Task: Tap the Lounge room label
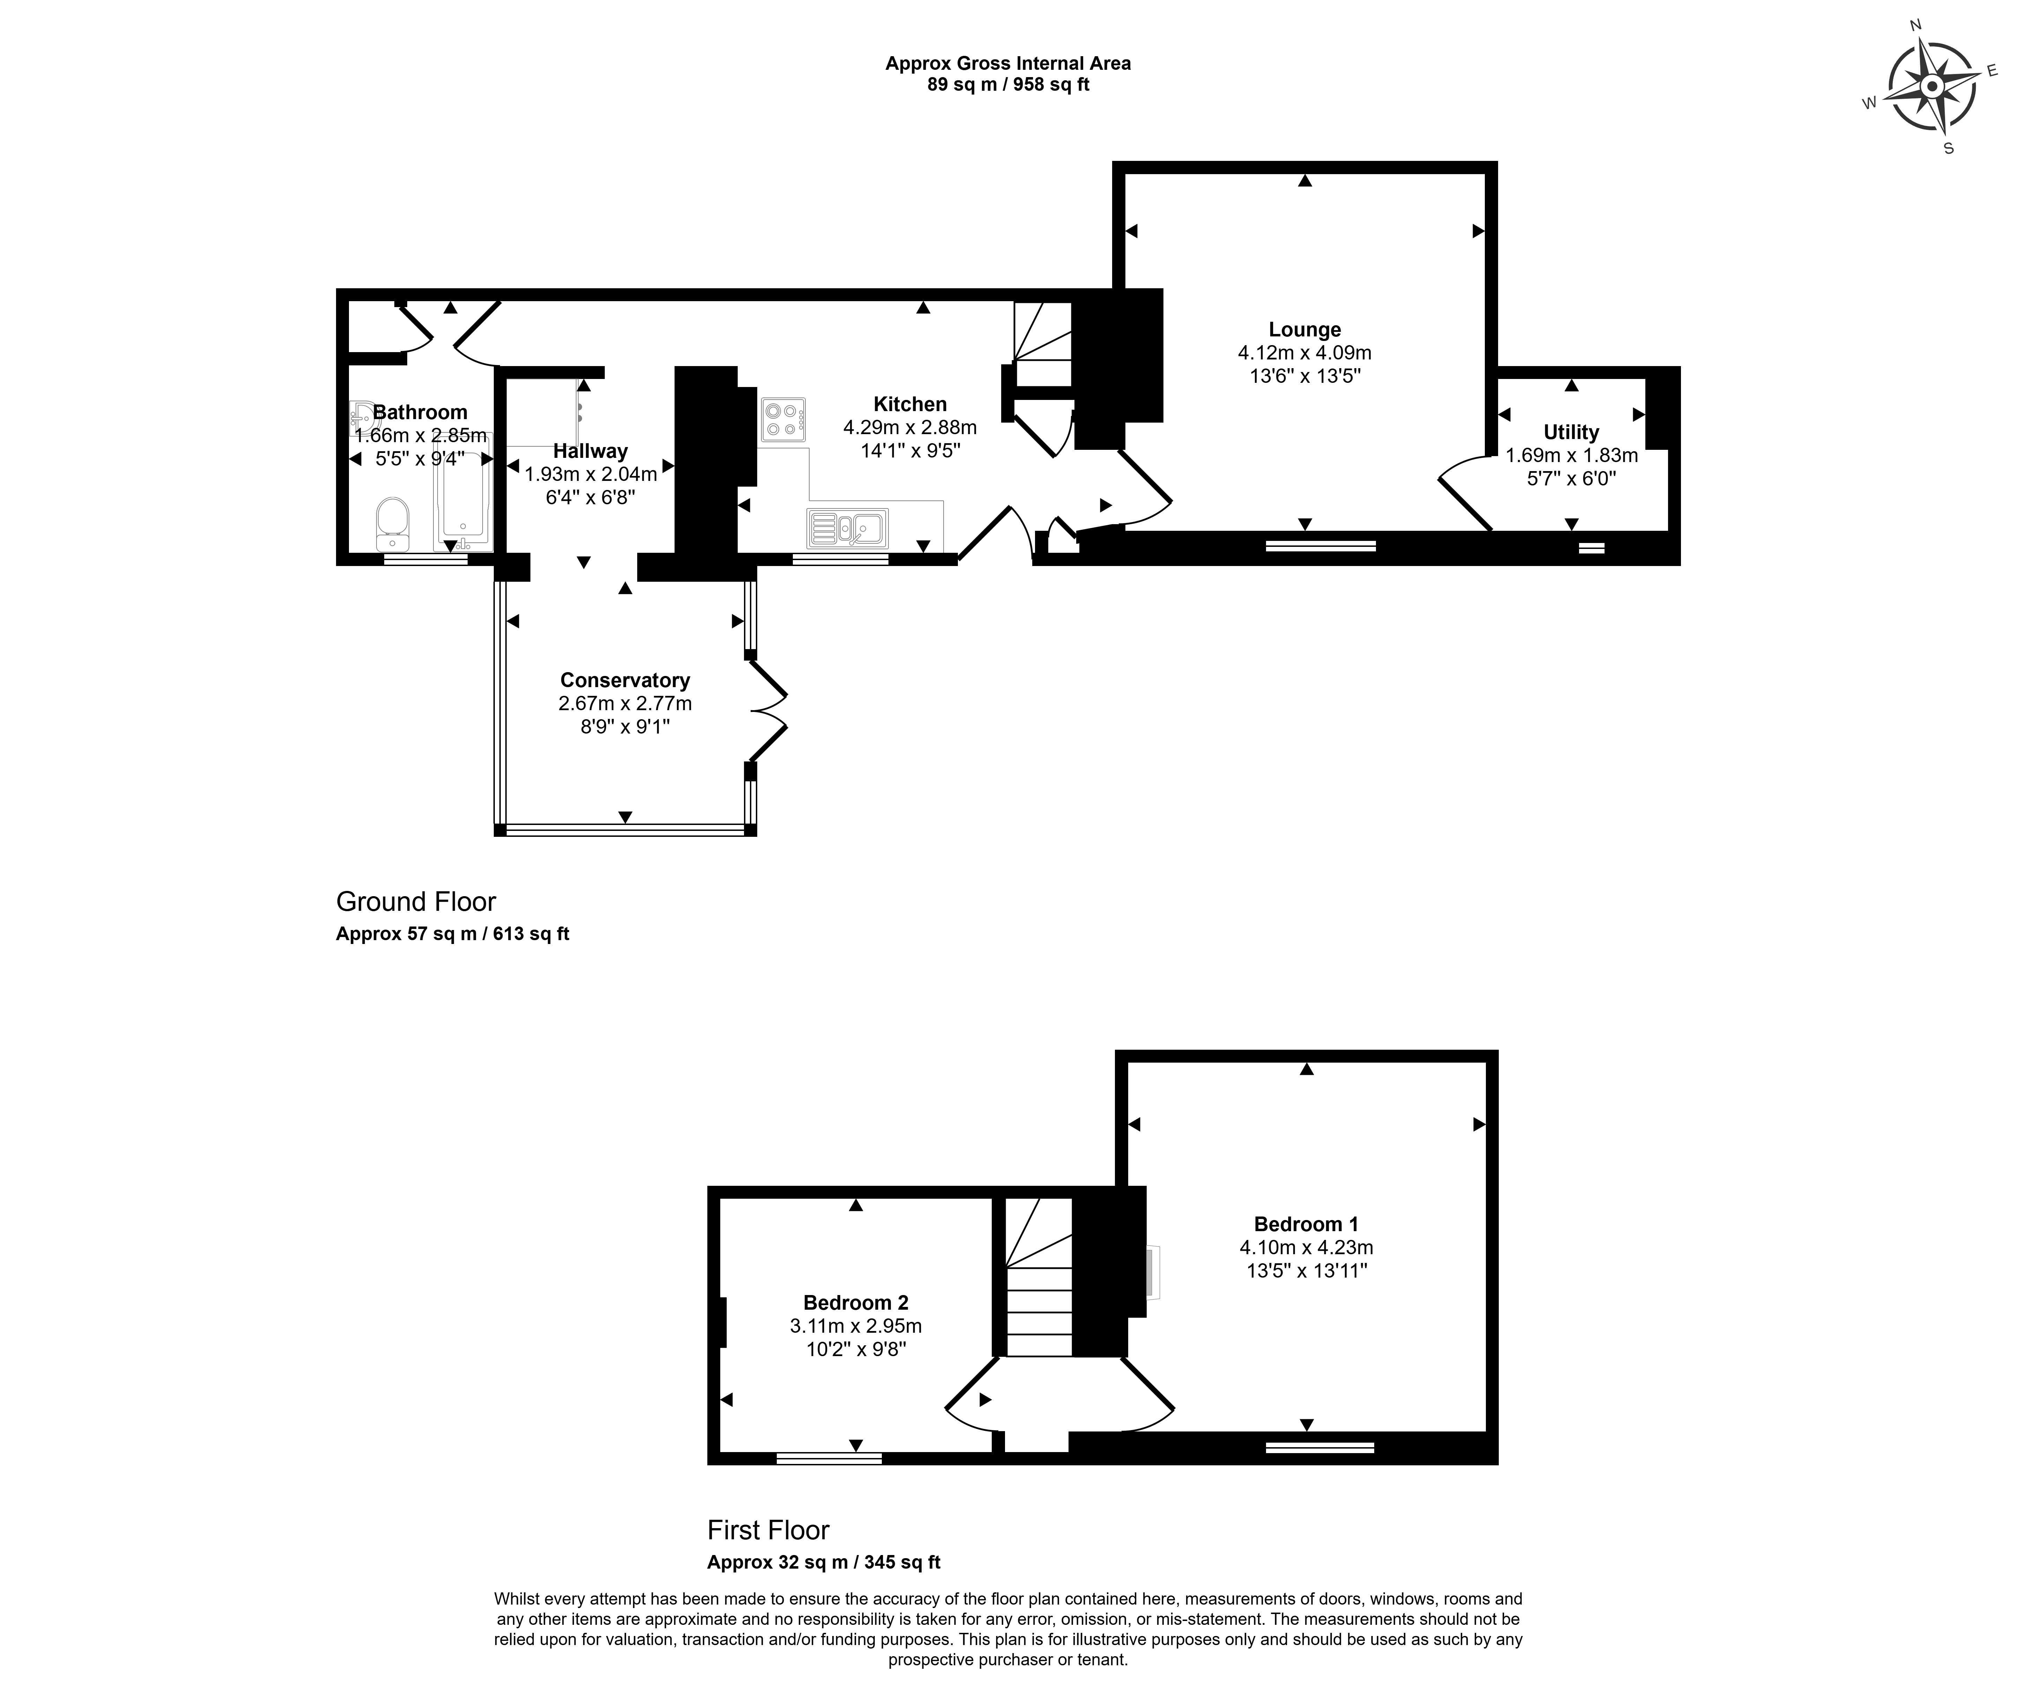(1305, 330)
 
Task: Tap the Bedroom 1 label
(1305, 1224)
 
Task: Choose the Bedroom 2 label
(856, 1303)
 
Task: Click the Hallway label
(590, 451)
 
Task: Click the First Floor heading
(768, 1531)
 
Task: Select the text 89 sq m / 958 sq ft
(1007, 84)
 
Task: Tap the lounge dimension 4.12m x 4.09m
(1305, 353)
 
